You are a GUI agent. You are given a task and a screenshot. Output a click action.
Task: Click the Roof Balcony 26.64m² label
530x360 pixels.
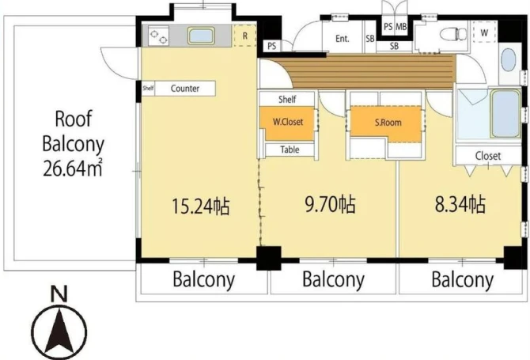73,143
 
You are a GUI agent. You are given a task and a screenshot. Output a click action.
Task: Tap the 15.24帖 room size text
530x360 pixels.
201,206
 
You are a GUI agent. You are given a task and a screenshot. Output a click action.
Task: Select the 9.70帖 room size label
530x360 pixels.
330,204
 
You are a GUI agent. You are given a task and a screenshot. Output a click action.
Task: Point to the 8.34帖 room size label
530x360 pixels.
460,204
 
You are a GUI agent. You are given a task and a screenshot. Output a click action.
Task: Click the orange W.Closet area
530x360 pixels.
288,123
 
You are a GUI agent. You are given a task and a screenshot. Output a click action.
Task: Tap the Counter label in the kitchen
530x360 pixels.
185,89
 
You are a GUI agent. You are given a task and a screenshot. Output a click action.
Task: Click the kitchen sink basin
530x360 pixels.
201,36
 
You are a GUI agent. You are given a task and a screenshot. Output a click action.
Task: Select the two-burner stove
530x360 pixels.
158,36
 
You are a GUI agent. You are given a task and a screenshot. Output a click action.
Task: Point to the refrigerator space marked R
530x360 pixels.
245,36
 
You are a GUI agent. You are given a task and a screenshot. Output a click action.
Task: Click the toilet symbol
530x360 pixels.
453,34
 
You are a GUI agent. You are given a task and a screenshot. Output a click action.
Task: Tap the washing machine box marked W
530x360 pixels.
484,32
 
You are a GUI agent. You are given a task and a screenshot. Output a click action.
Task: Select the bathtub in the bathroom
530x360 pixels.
505,113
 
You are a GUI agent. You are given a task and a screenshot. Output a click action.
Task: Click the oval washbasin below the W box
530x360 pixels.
508,60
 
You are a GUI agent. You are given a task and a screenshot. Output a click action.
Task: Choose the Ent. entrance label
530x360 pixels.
342,39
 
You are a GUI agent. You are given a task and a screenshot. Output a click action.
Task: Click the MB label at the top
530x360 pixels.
401,26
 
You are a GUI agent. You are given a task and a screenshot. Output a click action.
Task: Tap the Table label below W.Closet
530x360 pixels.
290,150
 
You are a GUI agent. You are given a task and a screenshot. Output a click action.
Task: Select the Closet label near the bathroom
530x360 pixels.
487,156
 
